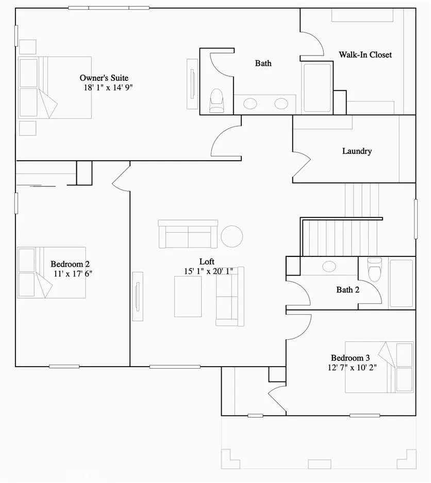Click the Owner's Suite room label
pos(104,78)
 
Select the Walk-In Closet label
pos(365,55)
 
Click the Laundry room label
pos(357,151)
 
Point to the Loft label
pos(207,261)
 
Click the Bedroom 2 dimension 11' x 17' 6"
pos(73,273)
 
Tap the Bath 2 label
pos(348,289)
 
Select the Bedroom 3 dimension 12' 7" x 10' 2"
pos(351,368)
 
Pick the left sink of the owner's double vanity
pos(250,104)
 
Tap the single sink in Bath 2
pos(328,266)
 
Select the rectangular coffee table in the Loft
pos(188,296)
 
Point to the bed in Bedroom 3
pos(379,367)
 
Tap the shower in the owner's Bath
pos(317,87)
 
